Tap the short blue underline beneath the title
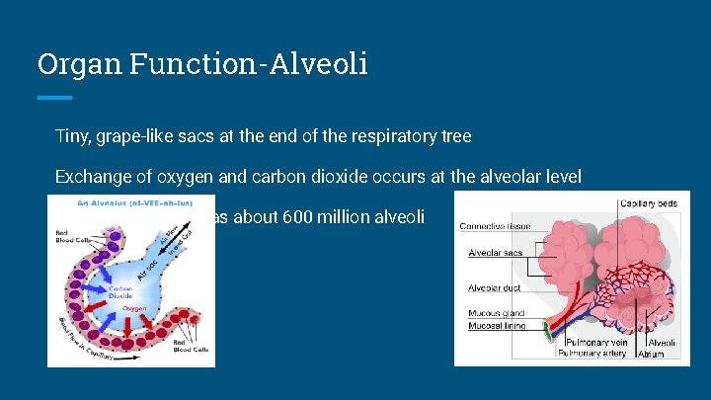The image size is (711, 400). pyautogui.click(x=54, y=98)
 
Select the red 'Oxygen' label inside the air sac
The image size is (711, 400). pyautogui.click(x=133, y=308)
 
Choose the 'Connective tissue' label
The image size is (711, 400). pyautogui.click(x=495, y=226)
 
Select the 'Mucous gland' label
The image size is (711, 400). pyautogui.click(x=497, y=313)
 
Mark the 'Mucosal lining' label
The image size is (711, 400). pyautogui.click(x=498, y=325)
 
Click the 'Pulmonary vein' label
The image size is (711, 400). pyautogui.click(x=592, y=342)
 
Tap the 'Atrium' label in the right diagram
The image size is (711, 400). pyautogui.click(x=651, y=353)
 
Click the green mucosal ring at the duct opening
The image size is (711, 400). pyautogui.click(x=547, y=334)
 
